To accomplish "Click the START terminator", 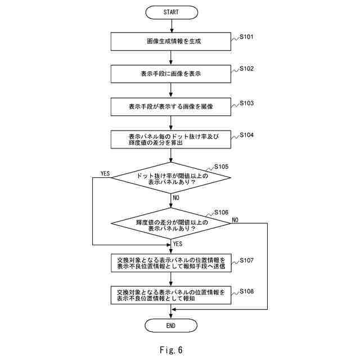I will pos(171,11).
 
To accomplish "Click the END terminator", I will pos(171,325).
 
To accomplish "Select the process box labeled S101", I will pos(171,41).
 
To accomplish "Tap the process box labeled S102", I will pos(171,74).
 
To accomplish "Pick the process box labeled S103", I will pos(171,106).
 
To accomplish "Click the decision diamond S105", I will pos(171,179).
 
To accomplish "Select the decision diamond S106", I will pos(171,224).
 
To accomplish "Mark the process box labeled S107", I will pos(171,263).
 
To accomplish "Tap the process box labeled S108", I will pos(171,295).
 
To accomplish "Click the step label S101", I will pos(247,37).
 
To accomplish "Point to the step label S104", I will pos(247,135).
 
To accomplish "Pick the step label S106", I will pos(222,212).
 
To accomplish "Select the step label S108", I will pos(247,291).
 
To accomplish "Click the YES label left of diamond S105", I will pos(105,173).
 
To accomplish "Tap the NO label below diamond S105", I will pos(176,198).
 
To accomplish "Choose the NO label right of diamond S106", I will pos(235,219).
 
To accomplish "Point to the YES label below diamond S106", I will pos(178,244).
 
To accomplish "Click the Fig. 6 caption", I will pos(171,349).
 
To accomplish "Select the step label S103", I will pos(247,103).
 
